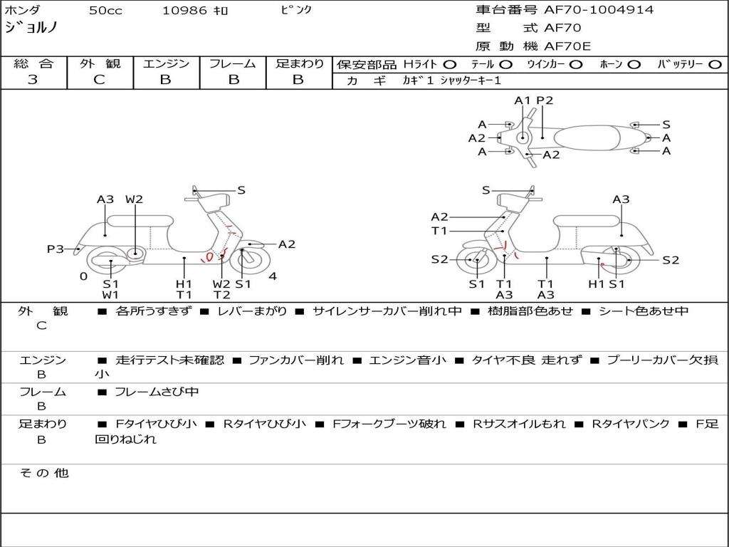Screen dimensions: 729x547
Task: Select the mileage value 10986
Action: pos(184,11)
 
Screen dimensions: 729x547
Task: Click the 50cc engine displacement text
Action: pos(105,11)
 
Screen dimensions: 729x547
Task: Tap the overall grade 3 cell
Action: pos(33,80)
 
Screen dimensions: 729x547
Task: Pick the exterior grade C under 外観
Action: pos(99,80)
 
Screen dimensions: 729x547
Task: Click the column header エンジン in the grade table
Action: pos(166,64)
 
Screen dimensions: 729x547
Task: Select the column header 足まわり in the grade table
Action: pos(299,64)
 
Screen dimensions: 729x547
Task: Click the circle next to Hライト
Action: pos(451,65)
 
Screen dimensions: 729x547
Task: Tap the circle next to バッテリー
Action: pos(715,65)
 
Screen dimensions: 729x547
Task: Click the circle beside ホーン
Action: pos(634,65)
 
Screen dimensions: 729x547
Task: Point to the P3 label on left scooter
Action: pos(56,249)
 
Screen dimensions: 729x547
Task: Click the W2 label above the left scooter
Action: pos(135,199)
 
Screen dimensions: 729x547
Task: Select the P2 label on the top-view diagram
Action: pos(545,100)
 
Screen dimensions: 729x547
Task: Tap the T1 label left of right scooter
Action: pos(439,231)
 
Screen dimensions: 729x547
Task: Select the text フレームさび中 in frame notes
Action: pos(157,392)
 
